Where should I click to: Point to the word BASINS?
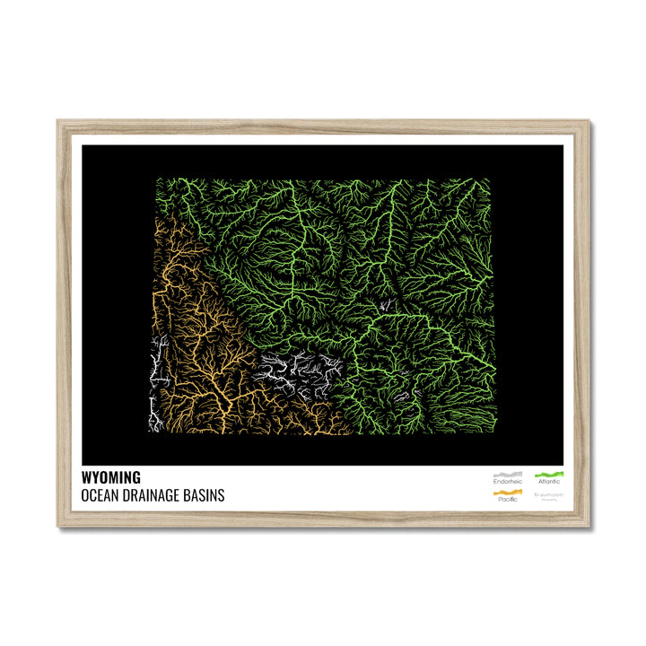pos(205,494)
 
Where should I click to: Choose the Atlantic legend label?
pos(548,482)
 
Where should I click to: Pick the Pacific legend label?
pos(507,499)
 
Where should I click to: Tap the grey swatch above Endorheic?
pos(507,473)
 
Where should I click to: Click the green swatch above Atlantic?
pos(548,473)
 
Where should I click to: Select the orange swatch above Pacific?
pos(507,491)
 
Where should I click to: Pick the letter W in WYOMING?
pos(86,478)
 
